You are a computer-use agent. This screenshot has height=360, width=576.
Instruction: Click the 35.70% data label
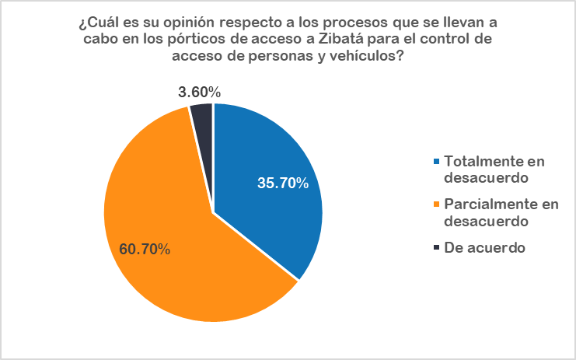[x=283, y=184]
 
